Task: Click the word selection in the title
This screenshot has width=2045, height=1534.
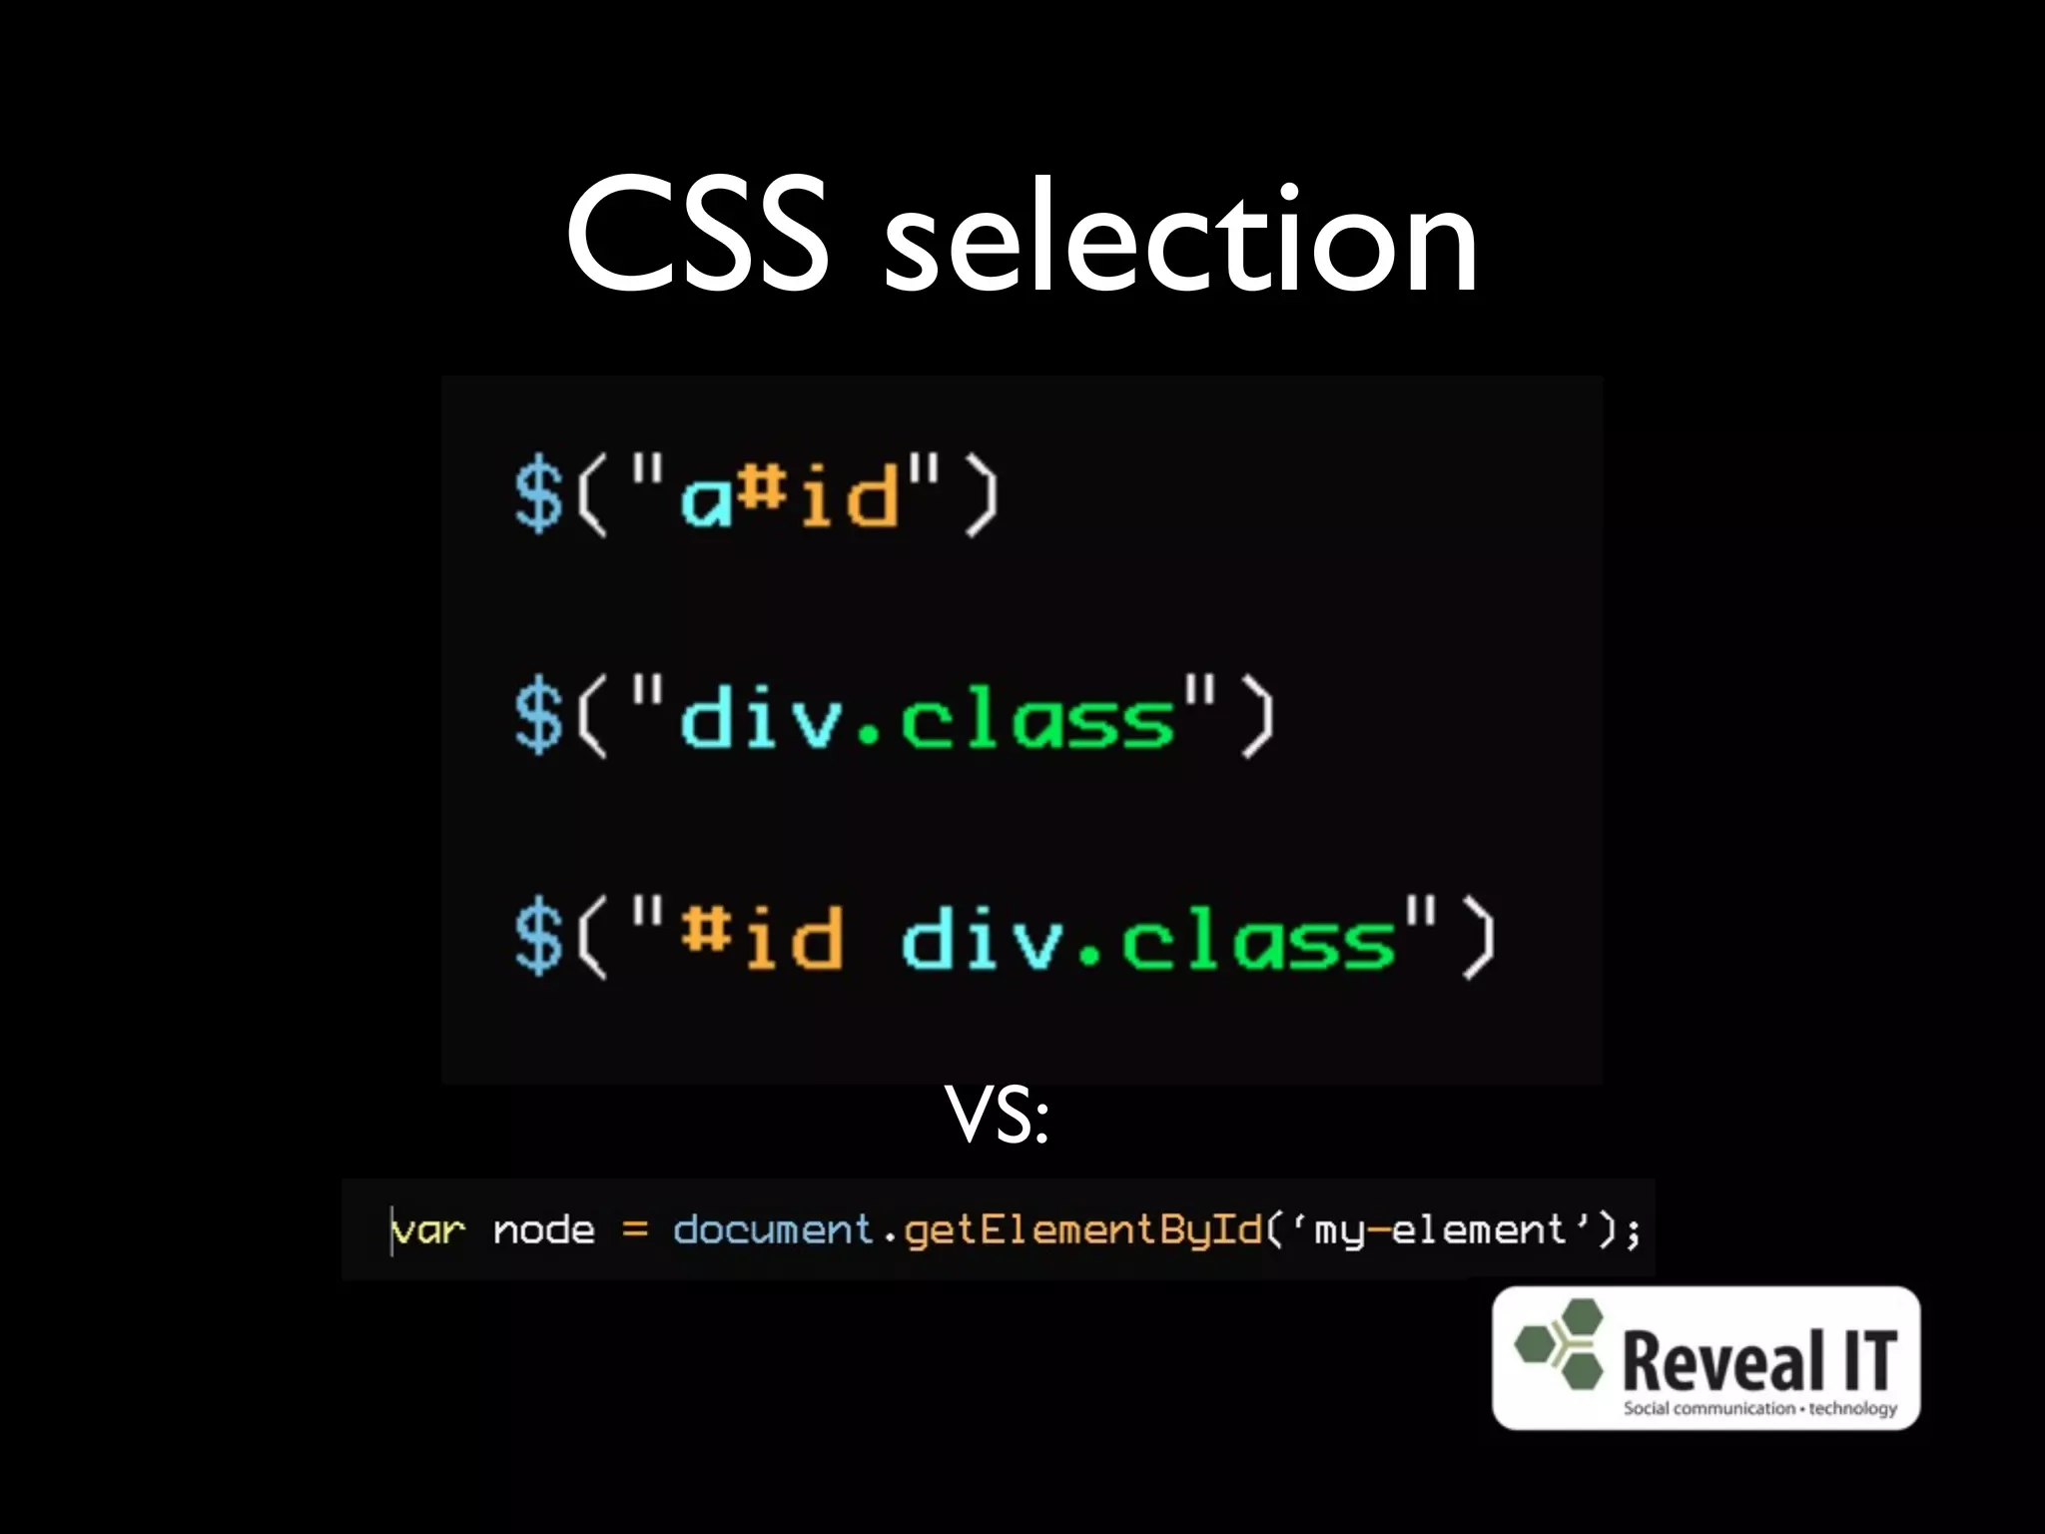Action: coord(1180,240)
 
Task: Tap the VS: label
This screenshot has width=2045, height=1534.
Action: coord(997,1117)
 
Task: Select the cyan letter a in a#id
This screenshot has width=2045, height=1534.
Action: coord(707,499)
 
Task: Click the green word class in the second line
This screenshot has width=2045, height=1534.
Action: coord(1038,717)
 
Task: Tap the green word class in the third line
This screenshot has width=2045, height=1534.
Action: coord(1258,939)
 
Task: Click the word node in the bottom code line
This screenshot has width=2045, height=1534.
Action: coord(544,1230)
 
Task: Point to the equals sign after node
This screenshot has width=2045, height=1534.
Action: coord(635,1230)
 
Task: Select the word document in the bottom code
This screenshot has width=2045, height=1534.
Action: coord(773,1230)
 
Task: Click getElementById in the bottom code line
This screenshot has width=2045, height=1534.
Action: coord(1083,1230)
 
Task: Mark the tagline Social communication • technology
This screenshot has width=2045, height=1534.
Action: coord(1759,1408)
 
